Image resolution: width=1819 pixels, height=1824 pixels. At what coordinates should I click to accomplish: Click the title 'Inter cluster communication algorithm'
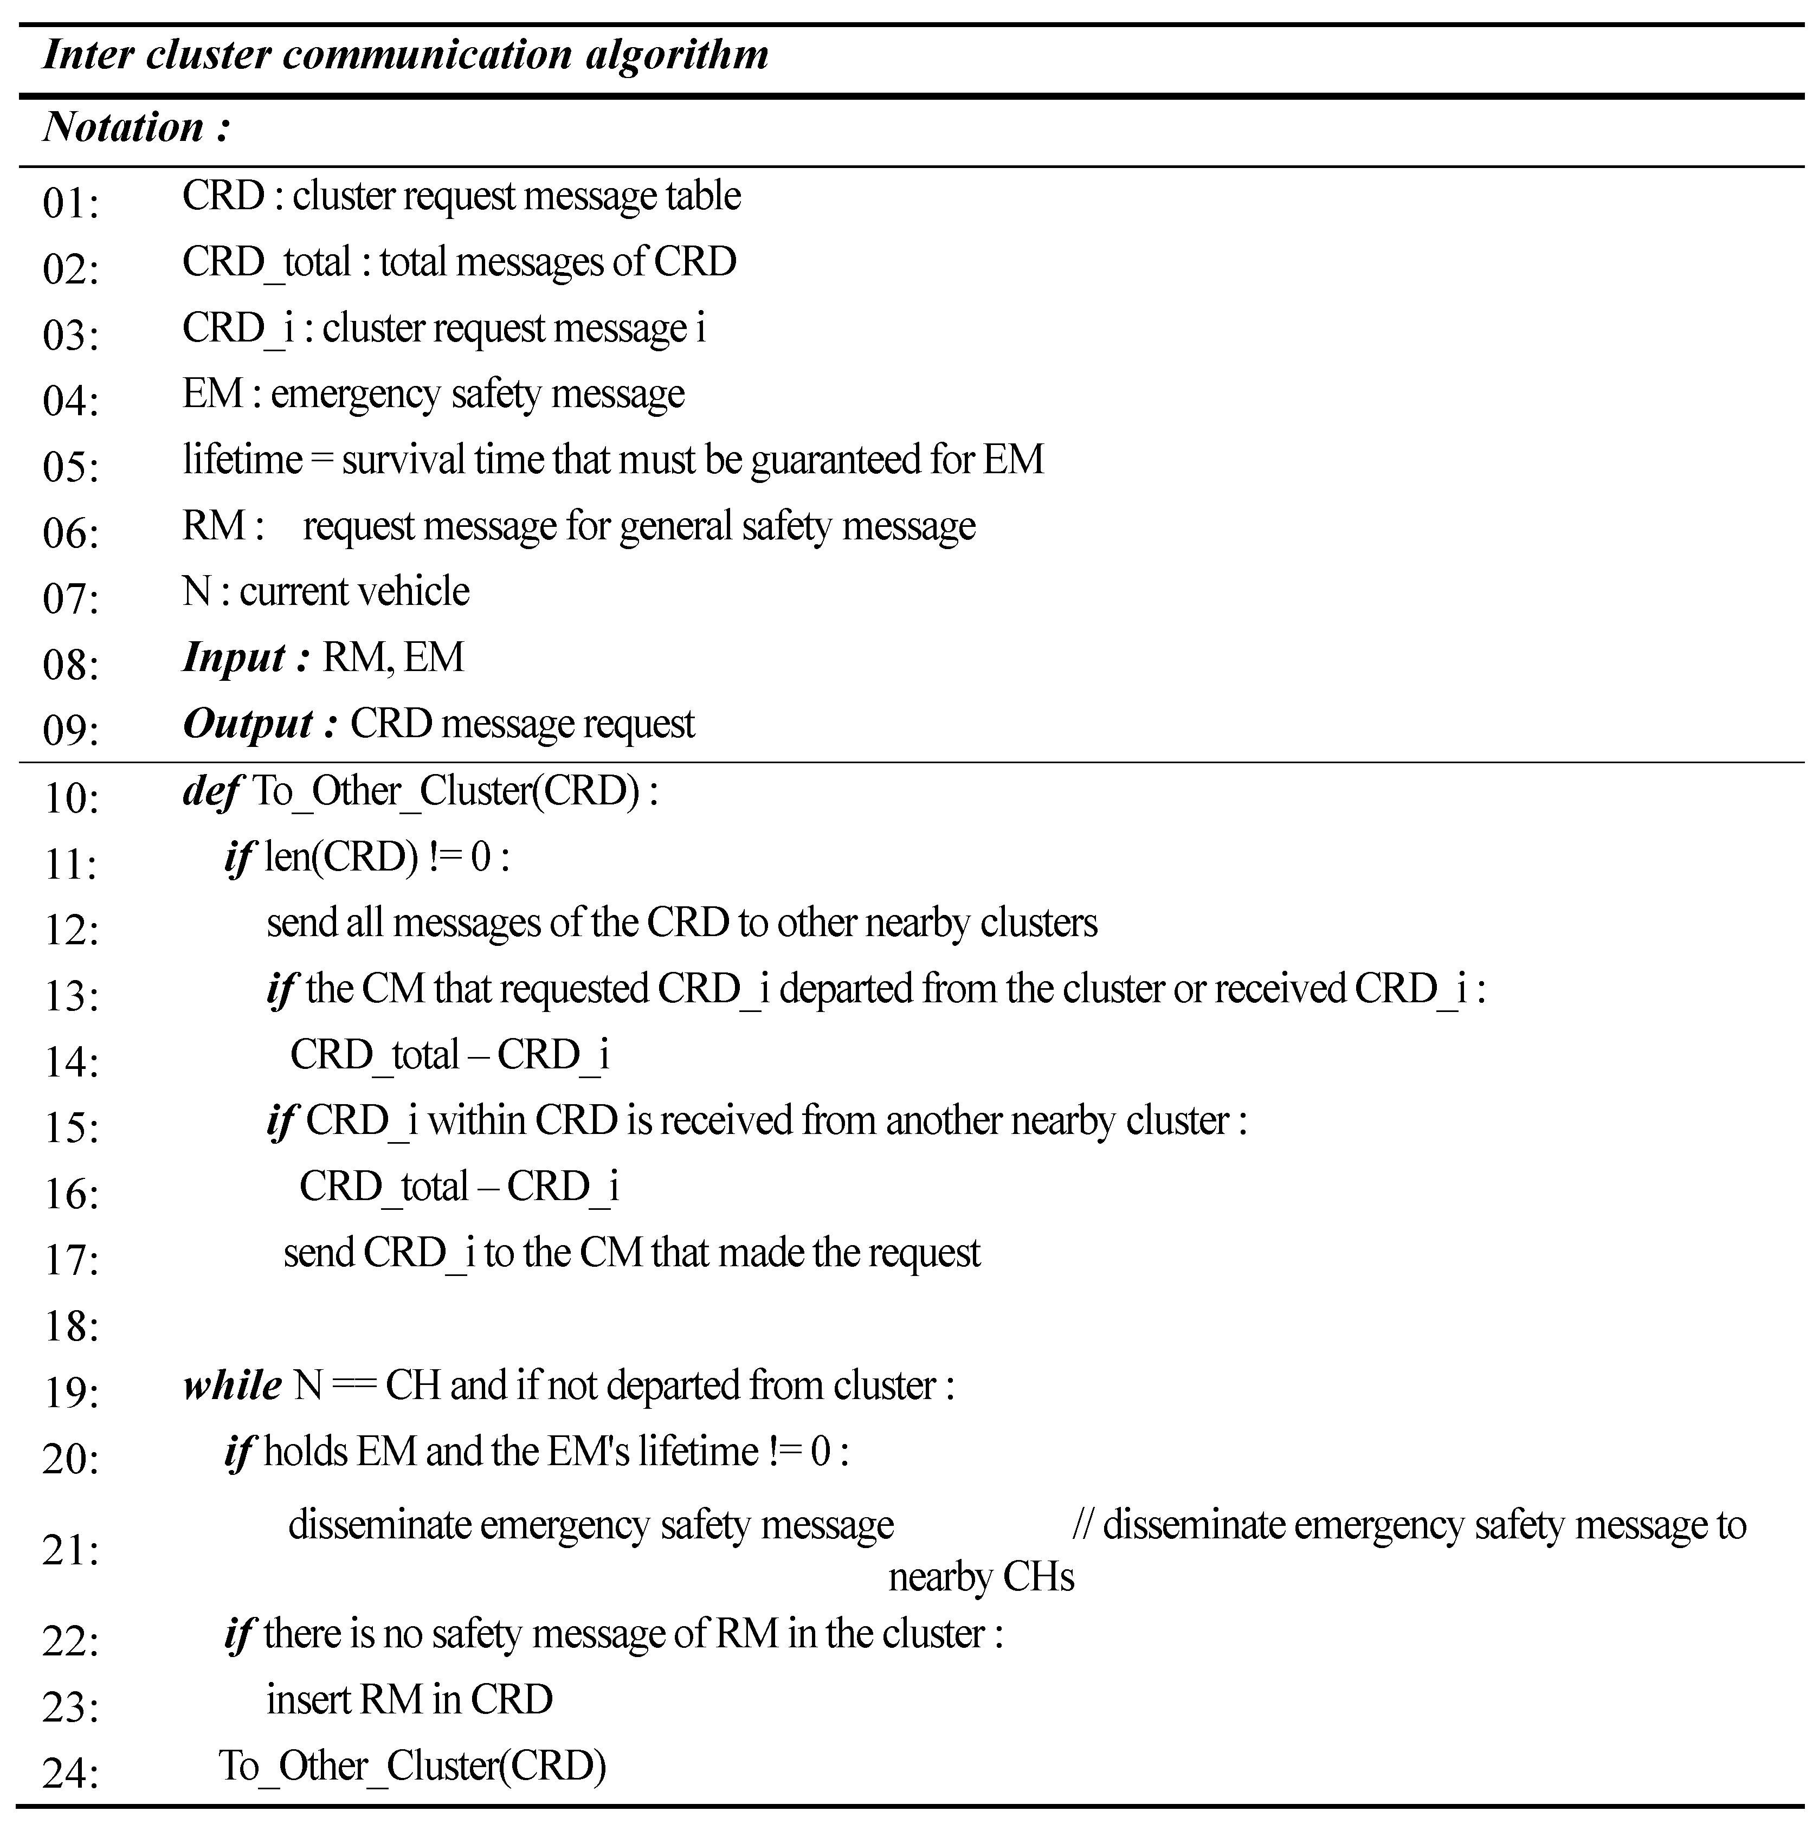pyautogui.click(x=406, y=55)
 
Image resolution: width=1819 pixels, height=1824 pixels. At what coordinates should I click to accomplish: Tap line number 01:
pyautogui.click(x=71, y=202)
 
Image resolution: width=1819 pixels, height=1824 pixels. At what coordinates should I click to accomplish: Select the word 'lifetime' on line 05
pyautogui.click(x=243, y=460)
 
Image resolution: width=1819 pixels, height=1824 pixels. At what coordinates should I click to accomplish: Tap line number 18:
pyautogui.click(x=71, y=1326)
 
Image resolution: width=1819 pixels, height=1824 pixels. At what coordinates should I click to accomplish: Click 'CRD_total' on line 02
pyautogui.click(x=266, y=261)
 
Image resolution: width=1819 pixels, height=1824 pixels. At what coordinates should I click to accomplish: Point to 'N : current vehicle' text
pyautogui.click(x=326, y=592)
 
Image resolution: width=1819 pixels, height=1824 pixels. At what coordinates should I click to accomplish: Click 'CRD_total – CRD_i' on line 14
pyautogui.click(x=449, y=1054)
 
